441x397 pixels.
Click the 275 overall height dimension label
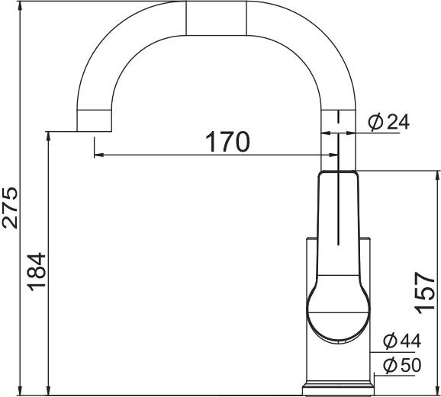point(10,207)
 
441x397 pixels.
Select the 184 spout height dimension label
point(37,272)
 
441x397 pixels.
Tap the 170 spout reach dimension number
point(227,142)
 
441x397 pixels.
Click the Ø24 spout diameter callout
point(388,122)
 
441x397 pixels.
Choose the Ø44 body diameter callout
point(402,341)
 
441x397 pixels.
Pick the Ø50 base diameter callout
point(402,365)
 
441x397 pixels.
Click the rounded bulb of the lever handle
point(338,312)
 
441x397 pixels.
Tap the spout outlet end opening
point(94,131)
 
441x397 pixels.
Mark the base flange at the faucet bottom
point(338,389)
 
